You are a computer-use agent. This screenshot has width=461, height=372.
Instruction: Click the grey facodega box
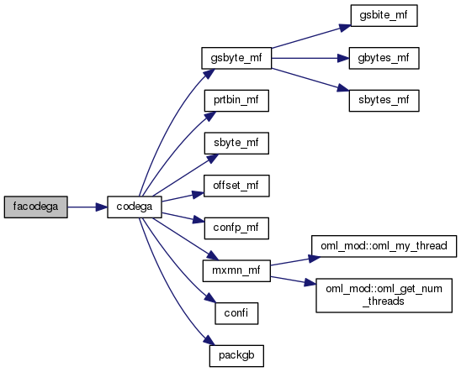pyautogui.click(x=36, y=207)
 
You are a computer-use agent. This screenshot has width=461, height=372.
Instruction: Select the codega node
pyautogui.click(x=135, y=207)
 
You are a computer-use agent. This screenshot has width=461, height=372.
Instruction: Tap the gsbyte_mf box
pyautogui.click(x=236, y=58)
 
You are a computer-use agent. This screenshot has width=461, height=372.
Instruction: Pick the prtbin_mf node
pyautogui.click(x=236, y=101)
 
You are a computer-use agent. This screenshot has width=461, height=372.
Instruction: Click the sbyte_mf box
pyautogui.click(x=236, y=143)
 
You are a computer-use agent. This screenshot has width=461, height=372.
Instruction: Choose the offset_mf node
pyautogui.click(x=236, y=186)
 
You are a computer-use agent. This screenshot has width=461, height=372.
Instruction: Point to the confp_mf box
pyautogui.click(x=236, y=228)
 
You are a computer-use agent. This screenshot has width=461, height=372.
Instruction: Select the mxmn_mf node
pyautogui.click(x=236, y=270)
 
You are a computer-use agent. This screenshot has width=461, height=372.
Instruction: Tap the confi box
pyautogui.click(x=236, y=313)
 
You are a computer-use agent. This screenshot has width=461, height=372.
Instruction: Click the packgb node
pyautogui.click(x=236, y=356)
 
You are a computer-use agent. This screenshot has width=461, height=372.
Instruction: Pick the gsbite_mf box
pyautogui.click(x=384, y=16)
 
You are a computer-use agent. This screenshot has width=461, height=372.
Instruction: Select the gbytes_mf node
pyautogui.click(x=384, y=58)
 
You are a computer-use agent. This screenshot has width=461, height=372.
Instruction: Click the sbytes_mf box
pyautogui.click(x=384, y=101)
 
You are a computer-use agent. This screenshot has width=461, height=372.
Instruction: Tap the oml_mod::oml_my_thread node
pyautogui.click(x=384, y=246)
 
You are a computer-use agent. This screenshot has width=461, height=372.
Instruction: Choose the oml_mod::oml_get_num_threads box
pyautogui.click(x=384, y=296)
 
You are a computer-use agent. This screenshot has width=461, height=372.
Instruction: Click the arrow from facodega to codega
pyautogui.click(x=87, y=207)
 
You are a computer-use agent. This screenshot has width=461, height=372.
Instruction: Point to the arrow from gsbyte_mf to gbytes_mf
pyautogui.click(x=310, y=58)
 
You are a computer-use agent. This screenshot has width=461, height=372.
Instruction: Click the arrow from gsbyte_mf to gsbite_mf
pyautogui.click(x=311, y=37)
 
